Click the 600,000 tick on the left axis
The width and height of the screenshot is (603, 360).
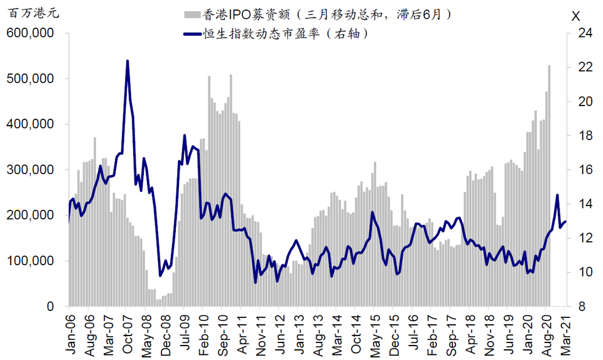(x=32, y=33)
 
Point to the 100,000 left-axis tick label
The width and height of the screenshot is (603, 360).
(x=32, y=261)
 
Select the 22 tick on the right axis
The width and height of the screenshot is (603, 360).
(x=585, y=67)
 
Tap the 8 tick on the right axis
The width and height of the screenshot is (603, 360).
(x=582, y=307)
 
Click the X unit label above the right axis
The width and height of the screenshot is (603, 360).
(x=576, y=15)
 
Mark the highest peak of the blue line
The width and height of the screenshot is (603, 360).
(x=128, y=61)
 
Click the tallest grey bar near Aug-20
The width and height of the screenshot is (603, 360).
(x=549, y=65)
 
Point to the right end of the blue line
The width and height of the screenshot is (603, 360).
(x=566, y=221)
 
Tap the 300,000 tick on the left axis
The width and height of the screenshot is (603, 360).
(x=32, y=170)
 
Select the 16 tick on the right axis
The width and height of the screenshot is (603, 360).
(x=585, y=170)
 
